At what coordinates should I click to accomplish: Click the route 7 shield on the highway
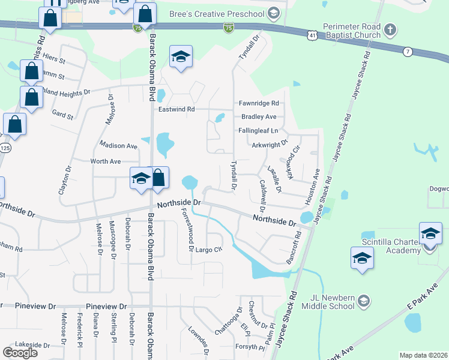408,52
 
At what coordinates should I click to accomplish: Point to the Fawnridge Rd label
259,103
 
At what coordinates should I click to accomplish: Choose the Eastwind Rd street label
176,109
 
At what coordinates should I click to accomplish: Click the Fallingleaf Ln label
259,130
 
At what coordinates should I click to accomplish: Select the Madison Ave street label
119,146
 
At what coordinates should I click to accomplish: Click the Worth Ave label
106,161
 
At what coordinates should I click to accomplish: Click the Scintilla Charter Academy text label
391,246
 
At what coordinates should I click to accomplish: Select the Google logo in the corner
20,353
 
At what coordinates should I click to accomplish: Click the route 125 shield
3,148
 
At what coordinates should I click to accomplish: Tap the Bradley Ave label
259,117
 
